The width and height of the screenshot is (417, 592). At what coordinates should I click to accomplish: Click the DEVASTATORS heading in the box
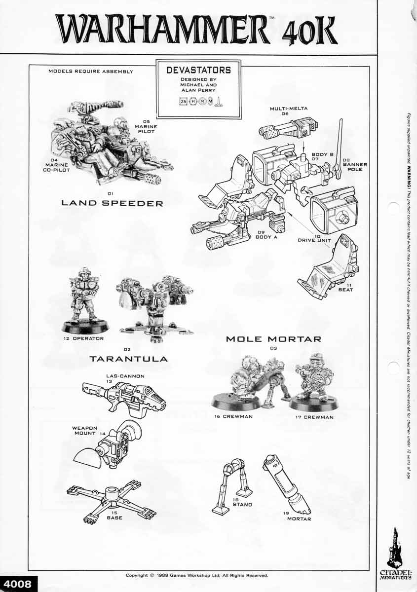click(198, 70)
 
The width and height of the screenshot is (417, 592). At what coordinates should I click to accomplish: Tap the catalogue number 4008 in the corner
click(17, 584)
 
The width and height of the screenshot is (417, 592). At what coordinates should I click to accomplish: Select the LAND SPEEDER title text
click(112, 203)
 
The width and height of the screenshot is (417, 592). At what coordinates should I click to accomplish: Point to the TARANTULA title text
click(128, 359)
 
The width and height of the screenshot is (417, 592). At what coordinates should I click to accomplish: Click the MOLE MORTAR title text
click(273, 339)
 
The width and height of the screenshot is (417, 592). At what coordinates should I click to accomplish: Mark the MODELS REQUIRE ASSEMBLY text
click(91, 72)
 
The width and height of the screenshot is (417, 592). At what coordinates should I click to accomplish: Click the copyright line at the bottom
click(197, 575)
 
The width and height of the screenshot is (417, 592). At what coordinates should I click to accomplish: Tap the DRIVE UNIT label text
click(314, 241)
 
